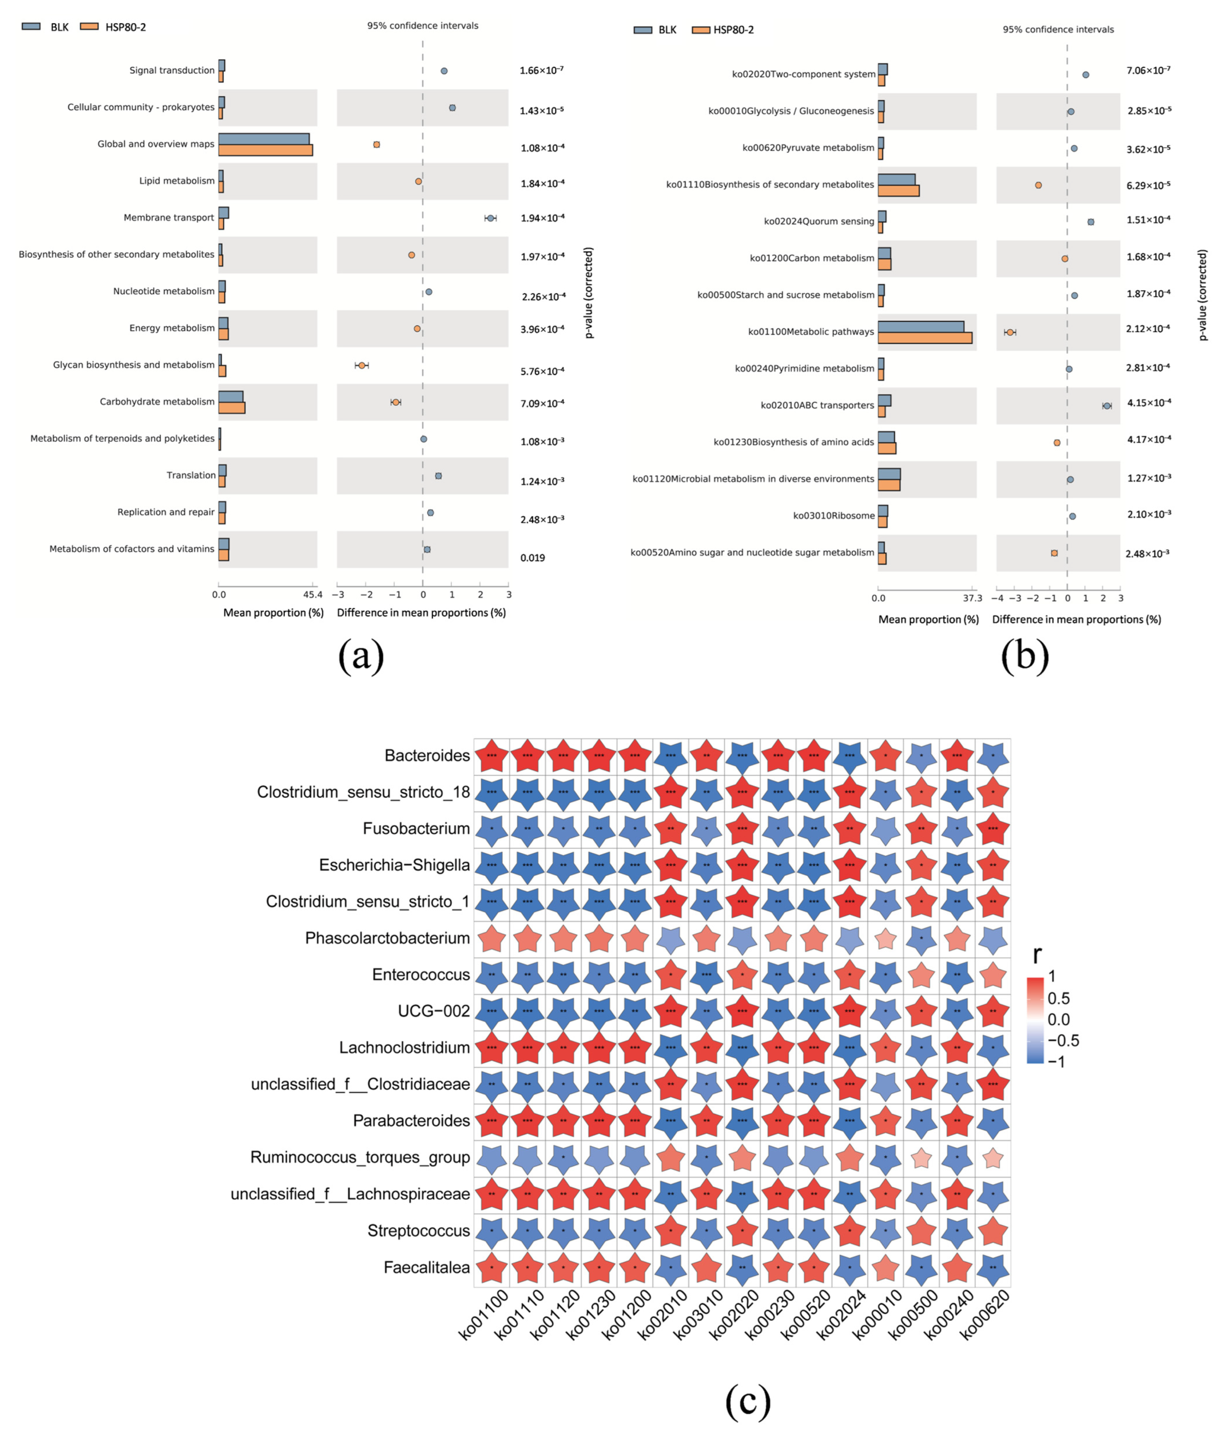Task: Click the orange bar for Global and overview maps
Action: click(266, 150)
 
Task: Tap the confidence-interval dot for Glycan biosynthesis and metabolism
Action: click(362, 365)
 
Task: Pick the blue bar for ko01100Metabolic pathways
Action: click(921, 326)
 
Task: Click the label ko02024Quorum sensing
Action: click(819, 221)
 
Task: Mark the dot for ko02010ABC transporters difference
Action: click(1107, 406)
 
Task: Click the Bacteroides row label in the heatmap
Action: click(427, 755)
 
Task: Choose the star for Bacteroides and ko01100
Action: click(492, 755)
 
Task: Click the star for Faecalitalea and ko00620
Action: click(993, 1267)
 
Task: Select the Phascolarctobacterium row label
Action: click(387, 938)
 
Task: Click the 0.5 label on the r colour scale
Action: click(1058, 998)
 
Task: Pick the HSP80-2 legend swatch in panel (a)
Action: click(89, 27)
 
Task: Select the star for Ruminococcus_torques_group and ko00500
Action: click(921, 1158)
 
